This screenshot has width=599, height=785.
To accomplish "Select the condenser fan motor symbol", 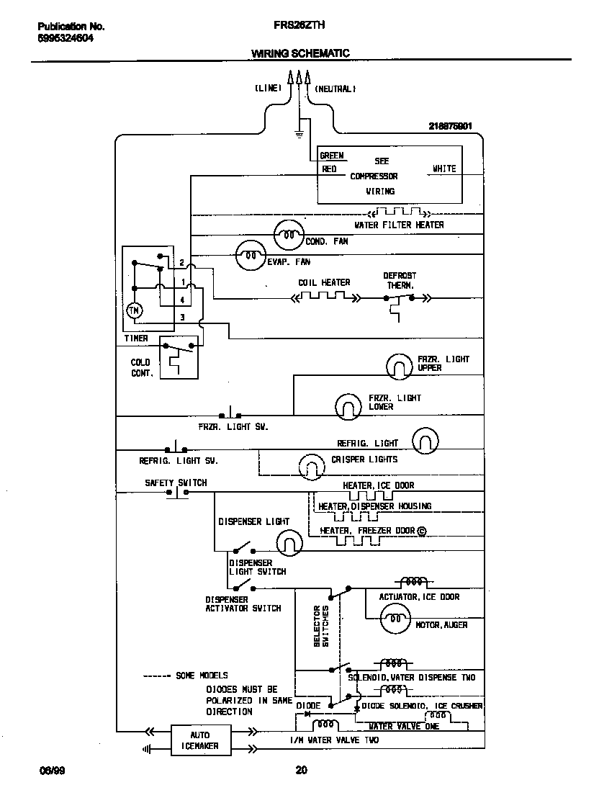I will [289, 233].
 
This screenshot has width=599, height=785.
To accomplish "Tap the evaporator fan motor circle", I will [251, 254].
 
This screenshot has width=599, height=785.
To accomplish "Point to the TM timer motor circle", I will [135, 310].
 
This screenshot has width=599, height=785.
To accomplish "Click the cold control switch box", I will [178, 357].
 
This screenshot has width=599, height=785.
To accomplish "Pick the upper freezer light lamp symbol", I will [398, 367].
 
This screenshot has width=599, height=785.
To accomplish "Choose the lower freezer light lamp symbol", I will [347, 407].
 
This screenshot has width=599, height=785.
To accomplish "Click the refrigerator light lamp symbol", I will [425, 441].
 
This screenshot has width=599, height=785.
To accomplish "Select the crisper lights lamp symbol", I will [312, 467].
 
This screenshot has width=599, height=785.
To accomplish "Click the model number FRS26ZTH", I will [299, 24].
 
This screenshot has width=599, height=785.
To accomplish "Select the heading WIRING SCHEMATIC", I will [300, 53].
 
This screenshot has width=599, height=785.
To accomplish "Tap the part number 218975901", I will [450, 125].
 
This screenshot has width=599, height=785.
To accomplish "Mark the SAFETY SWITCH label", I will [176, 483].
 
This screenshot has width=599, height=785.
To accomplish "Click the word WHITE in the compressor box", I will [443, 169].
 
